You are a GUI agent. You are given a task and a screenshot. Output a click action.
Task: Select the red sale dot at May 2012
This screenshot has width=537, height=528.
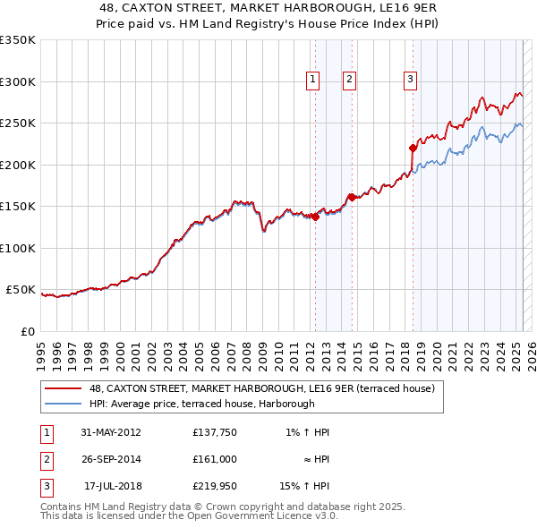coord(316,217)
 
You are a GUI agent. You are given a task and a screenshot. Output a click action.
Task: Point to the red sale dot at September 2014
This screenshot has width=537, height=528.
coord(353,197)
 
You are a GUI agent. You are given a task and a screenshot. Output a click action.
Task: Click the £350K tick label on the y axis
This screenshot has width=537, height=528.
coord(17,40)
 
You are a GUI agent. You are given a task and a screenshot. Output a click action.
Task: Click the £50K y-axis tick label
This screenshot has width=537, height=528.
coord(21,290)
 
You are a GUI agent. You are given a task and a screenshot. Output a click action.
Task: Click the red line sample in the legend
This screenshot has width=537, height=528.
coord(64,388)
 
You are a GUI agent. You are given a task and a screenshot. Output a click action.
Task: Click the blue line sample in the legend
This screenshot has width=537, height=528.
coord(64,404)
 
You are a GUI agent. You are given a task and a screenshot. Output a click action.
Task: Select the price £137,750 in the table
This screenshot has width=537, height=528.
coord(214,432)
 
